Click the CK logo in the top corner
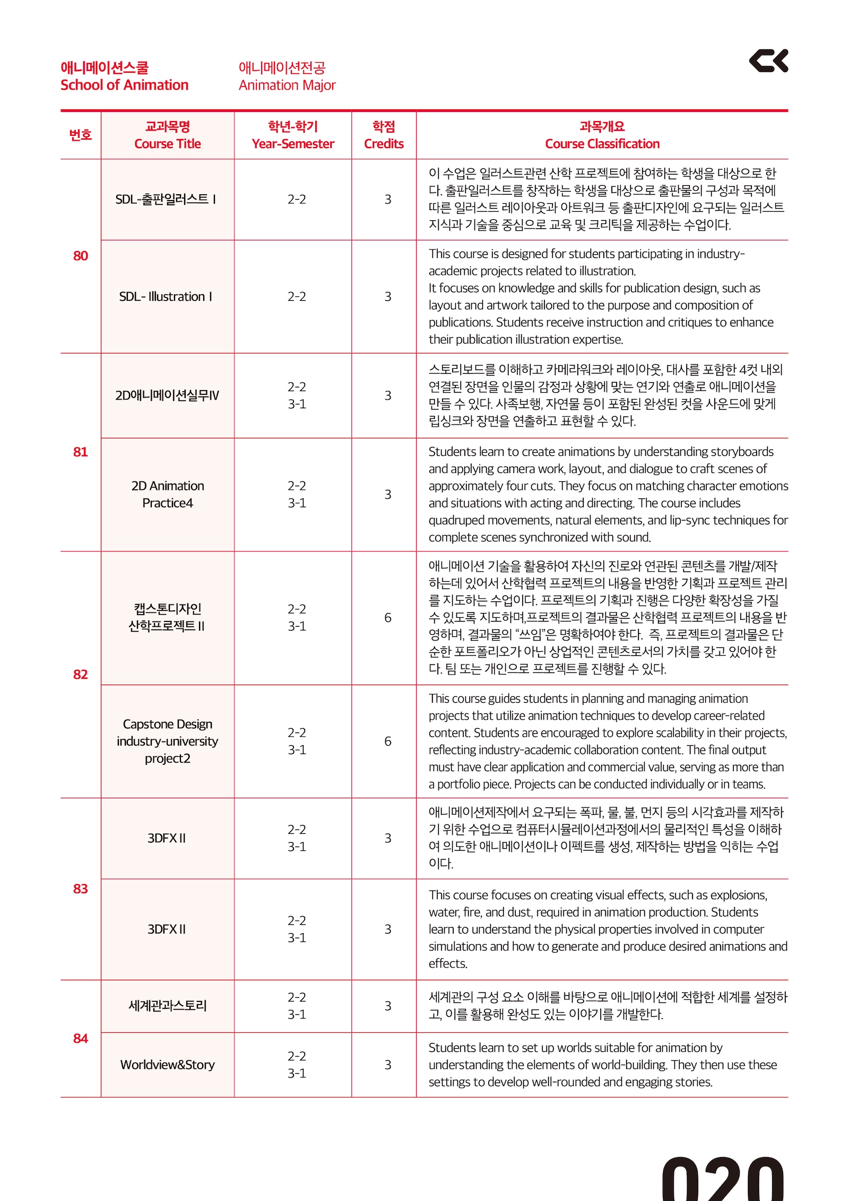(768, 61)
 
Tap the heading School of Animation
(124, 85)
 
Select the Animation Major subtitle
(287, 85)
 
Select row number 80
(81, 256)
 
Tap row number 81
(81, 452)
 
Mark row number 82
(81, 675)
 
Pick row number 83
(81, 889)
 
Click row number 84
(81, 1039)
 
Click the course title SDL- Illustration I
(166, 297)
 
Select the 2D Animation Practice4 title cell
(168, 495)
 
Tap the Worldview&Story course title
(168, 1065)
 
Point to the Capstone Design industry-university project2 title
(168, 741)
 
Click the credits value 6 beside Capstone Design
(388, 741)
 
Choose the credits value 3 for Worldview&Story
(388, 1065)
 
